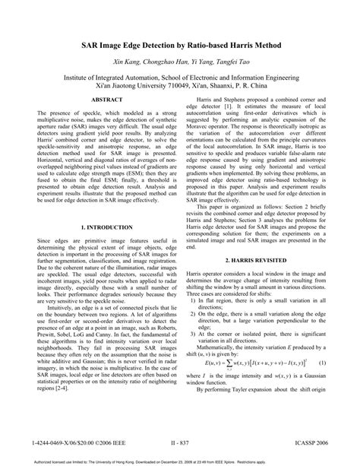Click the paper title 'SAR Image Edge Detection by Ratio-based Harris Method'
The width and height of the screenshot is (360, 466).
[180, 46]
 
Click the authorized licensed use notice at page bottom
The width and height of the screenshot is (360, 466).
[179, 461]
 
